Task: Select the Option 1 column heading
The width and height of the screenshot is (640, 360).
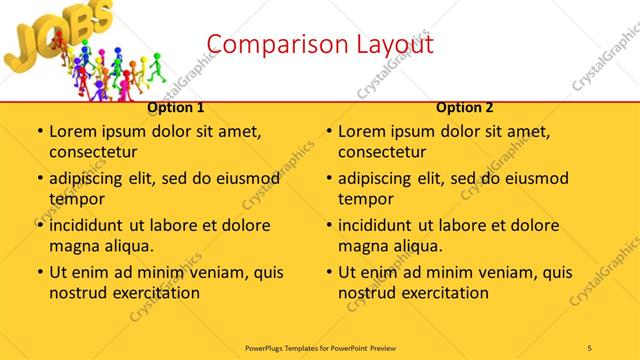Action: click(x=176, y=108)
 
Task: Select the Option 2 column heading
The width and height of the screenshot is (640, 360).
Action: click(x=465, y=108)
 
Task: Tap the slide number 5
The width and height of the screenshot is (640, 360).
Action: click(x=590, y=347)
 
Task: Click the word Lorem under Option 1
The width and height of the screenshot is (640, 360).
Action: click(x=73, y=131)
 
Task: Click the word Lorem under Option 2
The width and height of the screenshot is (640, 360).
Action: click(x=362, y=131)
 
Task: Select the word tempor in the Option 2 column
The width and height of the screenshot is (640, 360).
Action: click(x=366, y=199)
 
